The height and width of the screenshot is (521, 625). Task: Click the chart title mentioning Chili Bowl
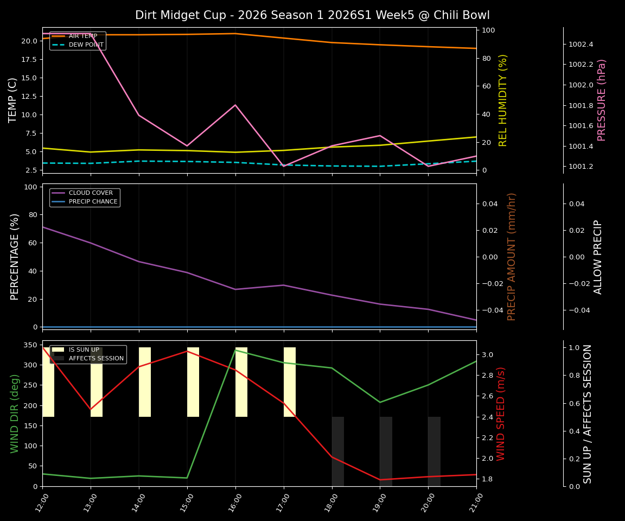[312, 15]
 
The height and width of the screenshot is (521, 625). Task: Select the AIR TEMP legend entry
[82, 36]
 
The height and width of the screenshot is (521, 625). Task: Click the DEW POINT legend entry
[86, 45]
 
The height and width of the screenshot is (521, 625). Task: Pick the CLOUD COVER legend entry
[91, 193]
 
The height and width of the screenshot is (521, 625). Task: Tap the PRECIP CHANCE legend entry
[93, 201]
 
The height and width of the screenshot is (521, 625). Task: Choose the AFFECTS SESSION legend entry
[96, 358]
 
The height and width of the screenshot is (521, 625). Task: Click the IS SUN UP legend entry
[84, 350]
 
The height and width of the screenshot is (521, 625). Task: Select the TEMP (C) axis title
[13, 100]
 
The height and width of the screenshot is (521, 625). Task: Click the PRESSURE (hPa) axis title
[601, 100]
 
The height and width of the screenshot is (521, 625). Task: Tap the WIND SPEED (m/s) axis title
[501, 413]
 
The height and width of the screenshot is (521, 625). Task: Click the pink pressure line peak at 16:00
[235, 105]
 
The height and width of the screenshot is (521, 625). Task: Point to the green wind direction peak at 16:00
[235, 350]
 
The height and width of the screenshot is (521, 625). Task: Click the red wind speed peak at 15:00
[187, 351]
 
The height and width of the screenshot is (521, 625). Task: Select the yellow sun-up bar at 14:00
[145, 382]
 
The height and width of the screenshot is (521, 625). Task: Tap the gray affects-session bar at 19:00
[386, 451]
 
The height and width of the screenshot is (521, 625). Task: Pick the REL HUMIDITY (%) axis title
[503, 100]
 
